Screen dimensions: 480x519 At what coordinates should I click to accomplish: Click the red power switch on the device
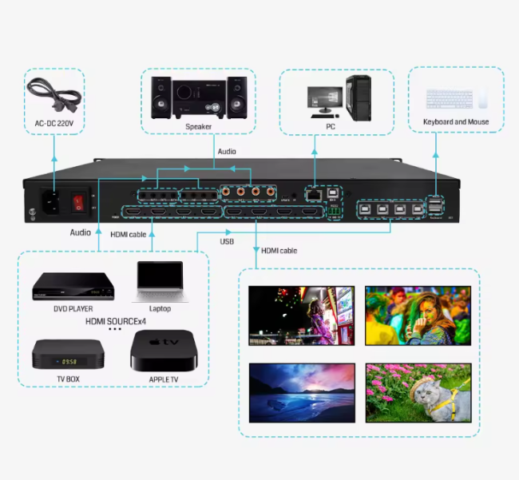(x=78, y=202)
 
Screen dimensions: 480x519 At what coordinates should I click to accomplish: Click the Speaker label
(x=199, y=126)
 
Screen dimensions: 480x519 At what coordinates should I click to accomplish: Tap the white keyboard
(x=449, y=99)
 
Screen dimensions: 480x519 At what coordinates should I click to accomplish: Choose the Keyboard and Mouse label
(x=456, y=122)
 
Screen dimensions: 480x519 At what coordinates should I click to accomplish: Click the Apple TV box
(x=162, y=349)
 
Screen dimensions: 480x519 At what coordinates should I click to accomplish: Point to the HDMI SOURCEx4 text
(x=116, y=320)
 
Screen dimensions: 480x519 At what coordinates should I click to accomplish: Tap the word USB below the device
(x=228, y=242)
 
